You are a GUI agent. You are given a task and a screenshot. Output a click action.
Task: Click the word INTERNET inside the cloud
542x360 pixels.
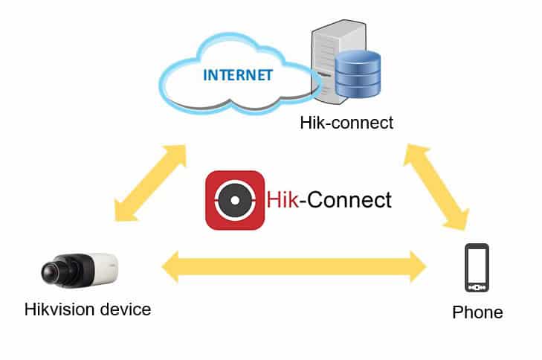click(x=238, y=74)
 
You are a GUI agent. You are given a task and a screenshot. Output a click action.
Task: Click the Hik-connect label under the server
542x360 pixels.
click(x=346, y=123)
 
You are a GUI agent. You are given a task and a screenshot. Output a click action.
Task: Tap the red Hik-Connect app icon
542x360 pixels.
click(x=234, y=200)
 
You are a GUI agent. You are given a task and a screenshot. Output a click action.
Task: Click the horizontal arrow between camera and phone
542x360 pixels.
click(x=294, y=266)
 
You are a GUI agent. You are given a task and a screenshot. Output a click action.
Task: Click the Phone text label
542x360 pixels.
click(x=477, y=312)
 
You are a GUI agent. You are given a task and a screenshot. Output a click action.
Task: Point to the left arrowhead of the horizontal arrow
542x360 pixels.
click(x=173, y=266)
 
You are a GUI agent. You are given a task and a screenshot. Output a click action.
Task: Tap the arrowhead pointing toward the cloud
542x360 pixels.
click(x=176, y=152)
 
